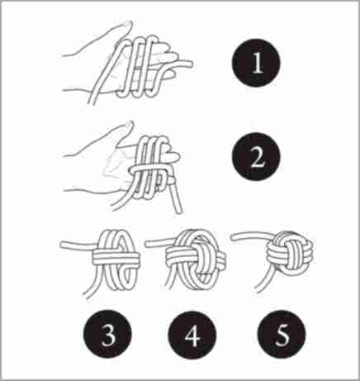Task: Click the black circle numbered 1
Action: coord(256,63)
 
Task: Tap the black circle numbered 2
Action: coord(256,156)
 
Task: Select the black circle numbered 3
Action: coord(107,334)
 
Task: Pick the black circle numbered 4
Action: coord(192,335)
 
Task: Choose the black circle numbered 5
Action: coord(282,334)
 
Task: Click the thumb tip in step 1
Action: coord(129,25)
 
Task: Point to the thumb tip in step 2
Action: coord(130,126)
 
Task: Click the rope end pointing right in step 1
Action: coord(190,64)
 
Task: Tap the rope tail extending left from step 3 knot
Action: coord(77,245)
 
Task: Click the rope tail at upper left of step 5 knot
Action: coord(250,236)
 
